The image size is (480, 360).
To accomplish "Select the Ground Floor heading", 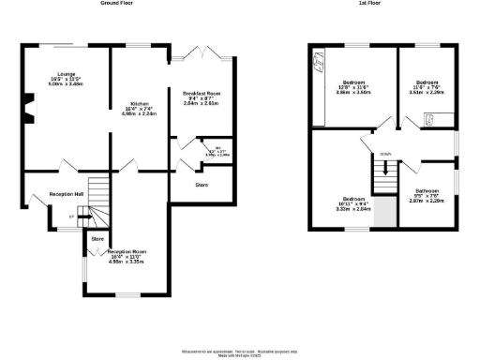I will [x=116, y=4].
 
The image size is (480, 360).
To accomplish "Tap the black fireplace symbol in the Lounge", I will [x=28, y=106].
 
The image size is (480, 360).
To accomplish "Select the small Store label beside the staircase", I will [x=97, y=239].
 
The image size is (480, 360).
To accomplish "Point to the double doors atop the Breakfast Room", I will [x=202, y=53].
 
